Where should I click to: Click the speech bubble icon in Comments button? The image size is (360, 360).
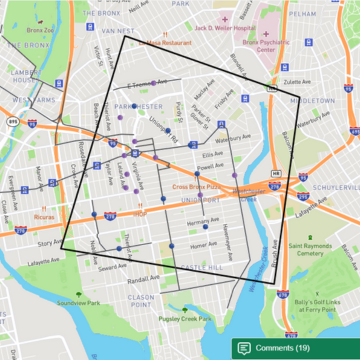click(244, 347)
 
